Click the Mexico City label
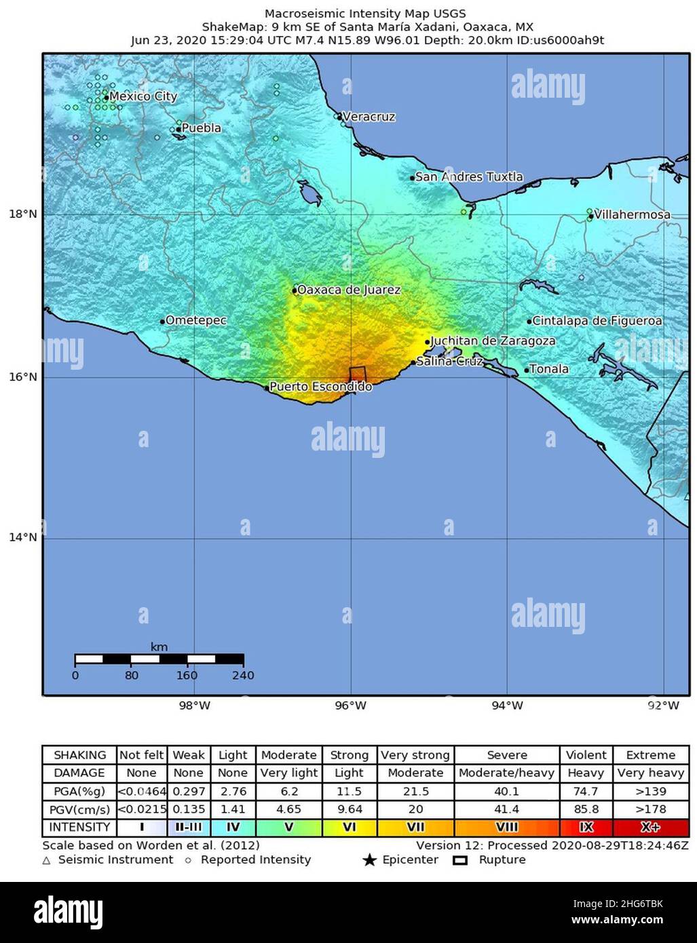[143, 96]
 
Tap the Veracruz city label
[369, 117]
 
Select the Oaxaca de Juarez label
[349, 290]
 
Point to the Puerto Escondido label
[320, 387]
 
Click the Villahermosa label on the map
[632, 214]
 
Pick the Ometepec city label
[196, 320]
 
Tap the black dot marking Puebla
[178, 129]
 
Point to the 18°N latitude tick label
[22, 214]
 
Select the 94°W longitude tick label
[507, 706]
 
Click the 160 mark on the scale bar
[187, 675]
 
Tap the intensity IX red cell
[586, 828]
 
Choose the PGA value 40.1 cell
[507, 791]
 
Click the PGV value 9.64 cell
[349, 809]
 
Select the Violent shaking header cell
[586, 755]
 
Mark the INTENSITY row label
[79, 828]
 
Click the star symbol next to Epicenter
[369, 860]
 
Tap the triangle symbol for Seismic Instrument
[47, 860]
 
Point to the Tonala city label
[548, 369]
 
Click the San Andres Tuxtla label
[469, 177]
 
